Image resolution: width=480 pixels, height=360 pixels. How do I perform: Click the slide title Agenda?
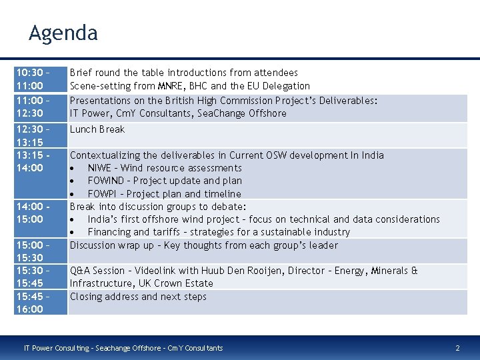[x=63, y=33]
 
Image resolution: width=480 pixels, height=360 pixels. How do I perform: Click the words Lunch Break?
[x=97, y=129]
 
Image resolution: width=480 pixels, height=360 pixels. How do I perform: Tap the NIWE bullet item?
[x=164, y=168]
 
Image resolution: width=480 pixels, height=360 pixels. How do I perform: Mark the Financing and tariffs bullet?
[x=218, y=232]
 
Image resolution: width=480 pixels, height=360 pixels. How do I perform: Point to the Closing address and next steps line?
[x=138, y=297]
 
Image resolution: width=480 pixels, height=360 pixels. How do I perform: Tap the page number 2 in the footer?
[x=457, y=348]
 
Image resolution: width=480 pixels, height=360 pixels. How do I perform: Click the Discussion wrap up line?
[x=203, y=245]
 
